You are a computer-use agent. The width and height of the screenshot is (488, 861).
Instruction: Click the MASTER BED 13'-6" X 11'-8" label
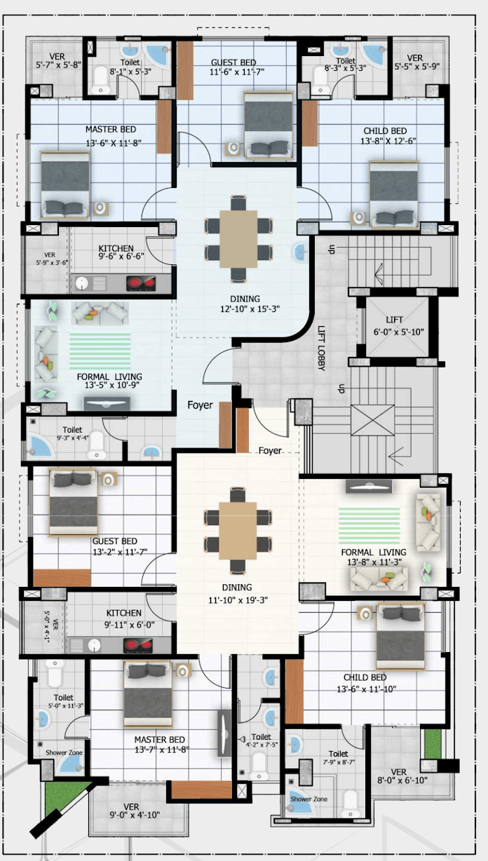coord(110,135)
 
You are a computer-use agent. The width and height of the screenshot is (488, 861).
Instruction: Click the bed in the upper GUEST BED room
coord(269,126)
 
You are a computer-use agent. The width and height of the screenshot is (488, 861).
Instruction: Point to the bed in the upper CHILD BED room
coord(393,190)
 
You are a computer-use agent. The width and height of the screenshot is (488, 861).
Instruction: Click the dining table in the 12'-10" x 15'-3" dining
coord(238,238)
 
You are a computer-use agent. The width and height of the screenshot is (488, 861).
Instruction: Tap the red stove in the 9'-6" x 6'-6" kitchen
coord(139,283)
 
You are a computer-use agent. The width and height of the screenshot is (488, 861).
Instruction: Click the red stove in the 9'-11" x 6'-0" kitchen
coord(137,645)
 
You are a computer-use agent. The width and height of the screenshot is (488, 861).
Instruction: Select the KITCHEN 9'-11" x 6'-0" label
coord(123,618)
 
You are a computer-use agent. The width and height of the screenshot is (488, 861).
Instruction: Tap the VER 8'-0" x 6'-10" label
coord(399,775)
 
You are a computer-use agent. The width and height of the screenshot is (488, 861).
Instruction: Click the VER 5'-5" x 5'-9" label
coord(415,63)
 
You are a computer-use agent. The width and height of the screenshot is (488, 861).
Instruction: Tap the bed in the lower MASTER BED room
coord(148,694)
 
